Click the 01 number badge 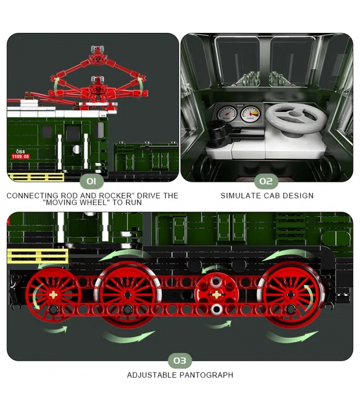click(92, 181)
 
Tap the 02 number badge click(266, 181)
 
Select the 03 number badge click(179, 361)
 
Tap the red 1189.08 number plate click(21, 157)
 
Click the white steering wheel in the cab click(297, 118)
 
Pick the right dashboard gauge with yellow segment click(250, 114)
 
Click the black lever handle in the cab click(221, 133)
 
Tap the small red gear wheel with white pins click(217, 294)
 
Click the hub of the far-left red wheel click(54, 294)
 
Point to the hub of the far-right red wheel click(291, 294)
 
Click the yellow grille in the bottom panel click(38, 256)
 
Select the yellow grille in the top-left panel click(36, 177)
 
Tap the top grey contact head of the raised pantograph click(97, 49)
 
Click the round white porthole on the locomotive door click(76, 150)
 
